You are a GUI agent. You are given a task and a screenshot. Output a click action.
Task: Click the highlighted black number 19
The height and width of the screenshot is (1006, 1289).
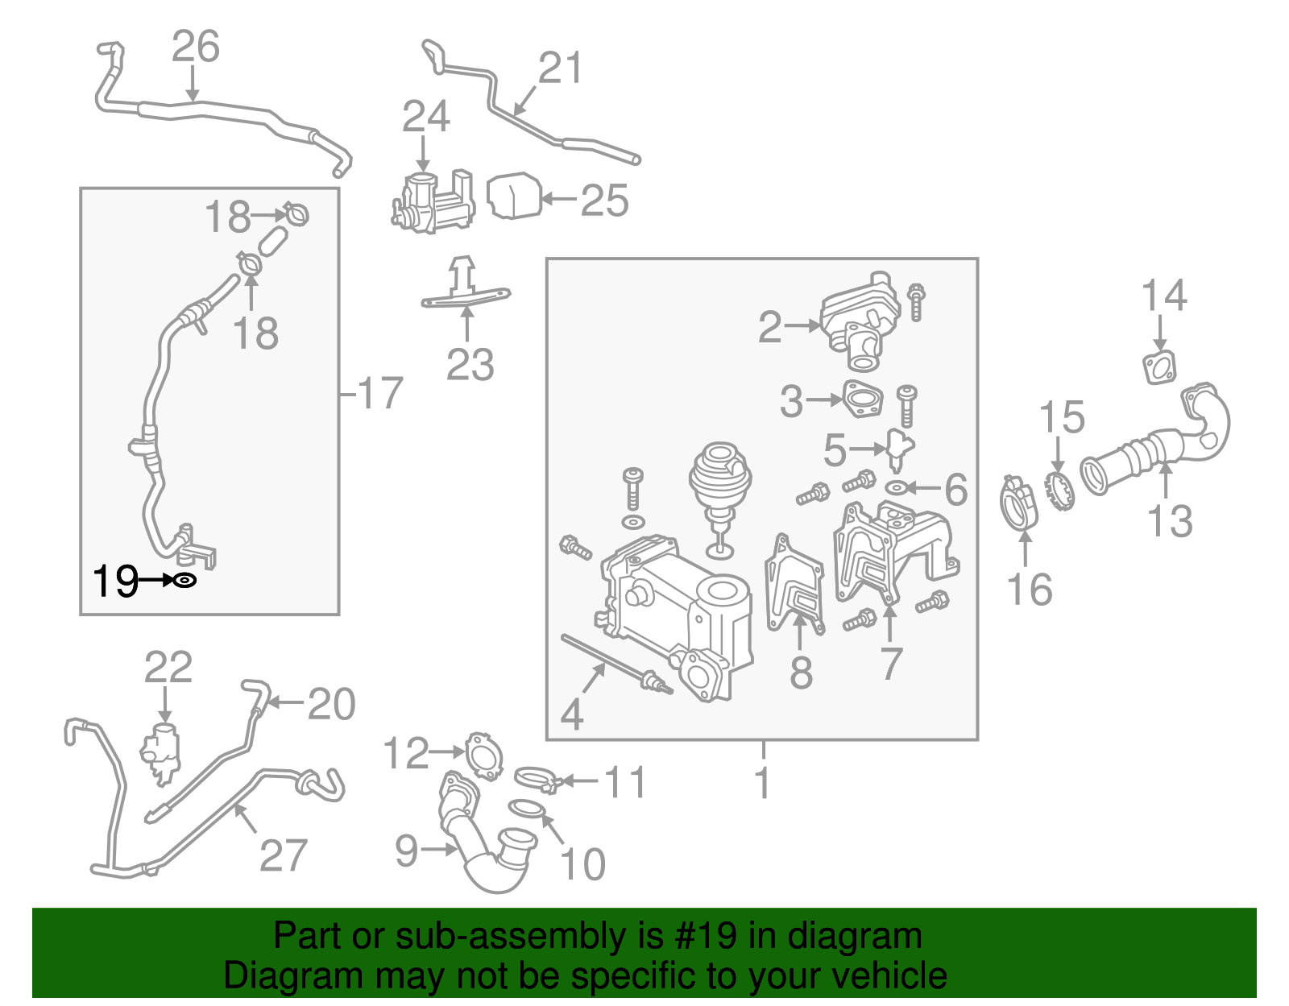(x=115, y=581)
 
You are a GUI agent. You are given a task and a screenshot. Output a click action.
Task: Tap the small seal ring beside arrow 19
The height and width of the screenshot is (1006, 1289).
(x=185, y=580)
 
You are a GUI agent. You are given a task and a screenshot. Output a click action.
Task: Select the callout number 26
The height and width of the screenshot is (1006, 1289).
(x=195, y=47)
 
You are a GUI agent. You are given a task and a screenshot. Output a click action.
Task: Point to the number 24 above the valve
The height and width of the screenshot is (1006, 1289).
(x=425, y=118)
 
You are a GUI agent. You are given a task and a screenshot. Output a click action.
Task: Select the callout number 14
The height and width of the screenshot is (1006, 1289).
(x=1164, y=296)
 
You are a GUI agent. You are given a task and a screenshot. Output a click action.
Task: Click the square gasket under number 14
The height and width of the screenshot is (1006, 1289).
(x=1159, y=368)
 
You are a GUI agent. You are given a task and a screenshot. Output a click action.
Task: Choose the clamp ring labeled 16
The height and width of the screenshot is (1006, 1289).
(x=1018, y=504)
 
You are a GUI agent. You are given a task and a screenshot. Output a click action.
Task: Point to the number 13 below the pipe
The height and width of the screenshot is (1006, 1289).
(x=1169, y=521)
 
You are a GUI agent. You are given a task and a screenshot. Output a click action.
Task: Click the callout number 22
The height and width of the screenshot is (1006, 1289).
(x=168, y=668)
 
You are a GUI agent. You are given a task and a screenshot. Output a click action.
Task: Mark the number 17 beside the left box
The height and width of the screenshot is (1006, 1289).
(x=379, y=394)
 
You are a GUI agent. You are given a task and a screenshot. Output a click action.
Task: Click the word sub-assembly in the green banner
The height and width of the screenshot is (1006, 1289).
(x=512, y=937)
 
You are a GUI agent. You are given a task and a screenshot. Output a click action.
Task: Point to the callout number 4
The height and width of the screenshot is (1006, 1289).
(x=571, y=714)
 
